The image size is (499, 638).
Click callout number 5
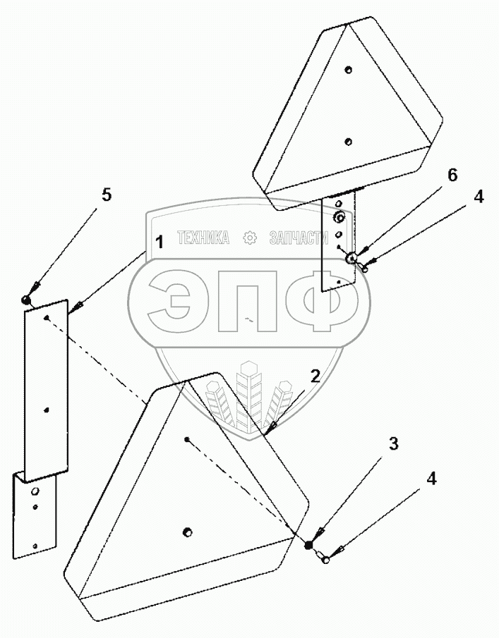106,196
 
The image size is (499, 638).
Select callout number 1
160,243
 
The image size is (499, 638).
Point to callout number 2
315,375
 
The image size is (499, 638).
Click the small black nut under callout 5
25,300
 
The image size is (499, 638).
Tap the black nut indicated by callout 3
308,545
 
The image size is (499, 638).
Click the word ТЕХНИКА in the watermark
203,238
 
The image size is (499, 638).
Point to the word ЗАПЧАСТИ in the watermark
301,238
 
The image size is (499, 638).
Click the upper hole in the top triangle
349,70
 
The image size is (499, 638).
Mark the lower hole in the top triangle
348,141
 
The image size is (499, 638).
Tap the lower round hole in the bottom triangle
187,531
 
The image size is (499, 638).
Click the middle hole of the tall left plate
47,410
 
